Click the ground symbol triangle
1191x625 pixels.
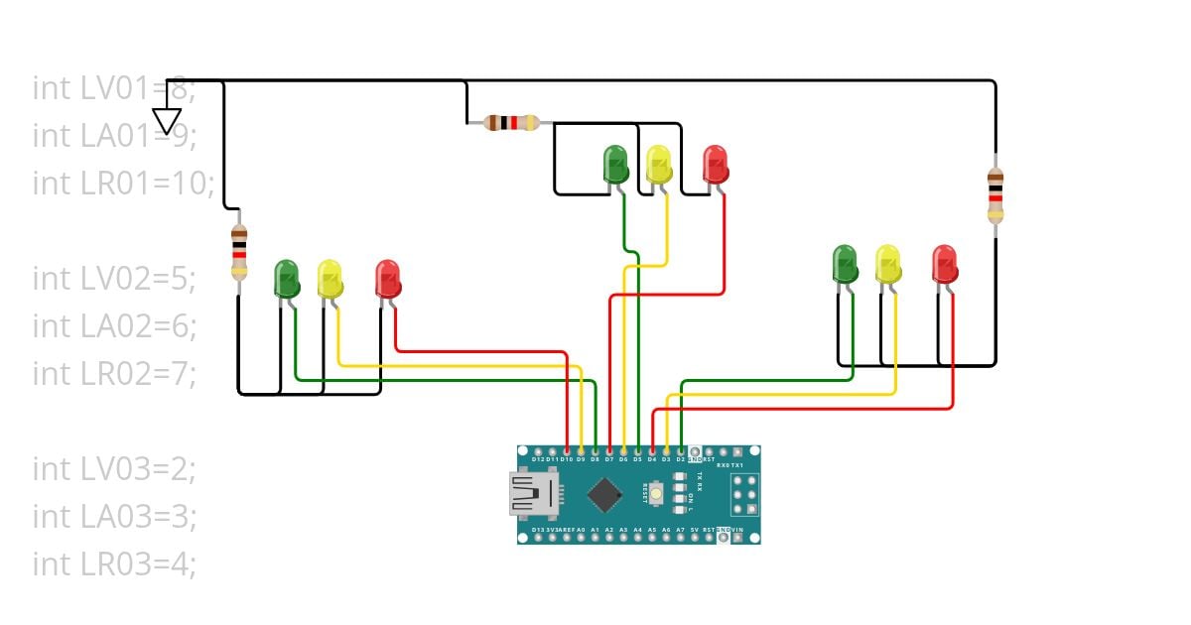[x=167, y=121]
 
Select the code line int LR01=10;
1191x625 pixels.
[x=123, y=184]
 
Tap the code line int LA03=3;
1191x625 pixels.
[x=114, y=516]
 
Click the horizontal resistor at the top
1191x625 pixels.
[x=511, y=123]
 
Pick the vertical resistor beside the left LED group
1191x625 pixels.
[x=239, y=253]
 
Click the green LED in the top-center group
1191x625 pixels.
[x=616, y=164]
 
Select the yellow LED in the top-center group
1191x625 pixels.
[x=658, y=164]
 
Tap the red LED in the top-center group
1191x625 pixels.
[x=715, y=164]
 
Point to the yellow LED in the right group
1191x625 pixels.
[x=888, y=263]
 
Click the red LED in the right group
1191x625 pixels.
[x=945, y=263]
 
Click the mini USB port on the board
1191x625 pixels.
[x=532, y=493]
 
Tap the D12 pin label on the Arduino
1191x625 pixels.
[x=538, y=459]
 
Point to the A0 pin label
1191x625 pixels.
[x=581, y=531]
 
